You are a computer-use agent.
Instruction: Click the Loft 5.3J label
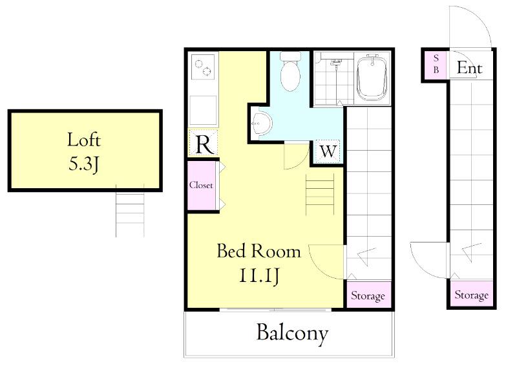point(84,152)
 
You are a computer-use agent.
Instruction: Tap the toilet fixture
point(290,71)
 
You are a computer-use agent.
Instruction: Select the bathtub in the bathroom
point(372,78)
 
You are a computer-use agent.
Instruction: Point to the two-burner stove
point(203,67)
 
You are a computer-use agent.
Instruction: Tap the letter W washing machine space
point(328,151)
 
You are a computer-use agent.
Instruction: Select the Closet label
point(201,185)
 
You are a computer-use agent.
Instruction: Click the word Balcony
point(292,333)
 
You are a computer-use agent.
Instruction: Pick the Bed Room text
point(259,251)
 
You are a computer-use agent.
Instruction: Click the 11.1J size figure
point(259,275)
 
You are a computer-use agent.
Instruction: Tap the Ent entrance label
point(470,68)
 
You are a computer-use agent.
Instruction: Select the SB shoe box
point(436,65)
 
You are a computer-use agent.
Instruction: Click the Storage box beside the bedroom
point(368,295)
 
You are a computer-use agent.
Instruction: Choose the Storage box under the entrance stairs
point(472,294)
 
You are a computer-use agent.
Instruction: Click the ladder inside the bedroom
point(320,195)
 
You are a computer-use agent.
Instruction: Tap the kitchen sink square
point(203,110)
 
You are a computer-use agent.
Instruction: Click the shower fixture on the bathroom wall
point(336,62)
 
